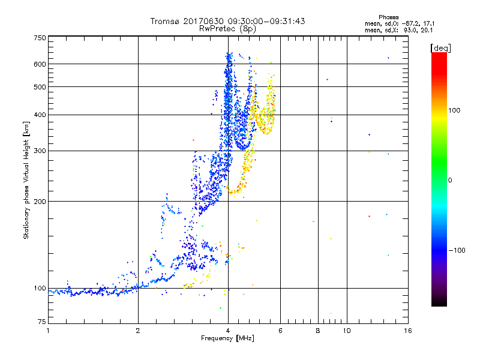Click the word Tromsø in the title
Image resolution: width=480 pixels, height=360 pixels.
pos(164,21)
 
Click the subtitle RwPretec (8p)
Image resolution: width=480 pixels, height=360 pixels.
pos(227,28)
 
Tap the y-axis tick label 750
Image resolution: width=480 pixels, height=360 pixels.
pos(40,38)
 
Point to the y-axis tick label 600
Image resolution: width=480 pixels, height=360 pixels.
pos(40,64)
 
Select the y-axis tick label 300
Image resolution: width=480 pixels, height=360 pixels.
pos(40,151)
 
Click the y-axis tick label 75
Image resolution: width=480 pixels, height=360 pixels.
pos(41,323)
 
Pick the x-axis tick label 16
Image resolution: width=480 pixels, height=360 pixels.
pos(407,331)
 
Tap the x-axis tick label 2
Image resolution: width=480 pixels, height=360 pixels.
pos(138,331)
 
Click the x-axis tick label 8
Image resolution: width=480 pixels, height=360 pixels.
pos(318,331)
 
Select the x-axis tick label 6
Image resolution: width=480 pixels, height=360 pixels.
pos(281,331)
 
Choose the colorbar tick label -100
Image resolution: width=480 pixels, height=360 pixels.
pos(457,250)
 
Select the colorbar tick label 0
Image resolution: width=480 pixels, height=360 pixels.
pos(451,181)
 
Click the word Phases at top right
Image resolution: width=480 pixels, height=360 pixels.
pos(389,17)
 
